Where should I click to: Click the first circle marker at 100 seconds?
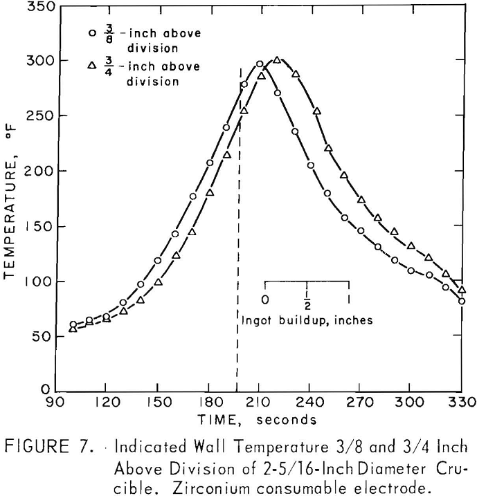click(73, 324)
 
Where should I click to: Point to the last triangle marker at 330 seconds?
click(462, 290)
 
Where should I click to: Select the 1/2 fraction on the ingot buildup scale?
click(306, 299)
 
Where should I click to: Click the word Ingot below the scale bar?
click(256, 321)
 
